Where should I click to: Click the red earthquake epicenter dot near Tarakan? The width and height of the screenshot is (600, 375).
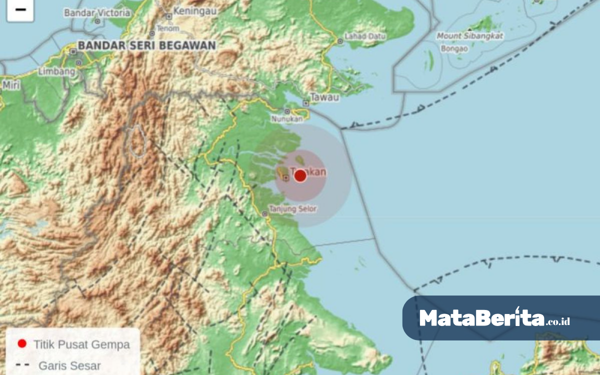click(x=300, y=175)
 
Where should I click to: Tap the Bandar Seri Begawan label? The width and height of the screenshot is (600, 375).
click(x=147, y=45)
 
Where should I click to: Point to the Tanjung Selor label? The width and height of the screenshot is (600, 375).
click(x=293, y=209)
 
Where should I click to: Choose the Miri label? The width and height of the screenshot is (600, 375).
click(x=11, y=85)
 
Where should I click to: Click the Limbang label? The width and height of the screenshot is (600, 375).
click(x=56, y=71)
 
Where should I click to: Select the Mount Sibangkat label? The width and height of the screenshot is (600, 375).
click(x=470, y=36)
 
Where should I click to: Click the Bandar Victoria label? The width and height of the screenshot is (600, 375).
click(x=97, y=13)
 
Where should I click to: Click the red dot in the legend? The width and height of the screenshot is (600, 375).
click(x=21, y=343)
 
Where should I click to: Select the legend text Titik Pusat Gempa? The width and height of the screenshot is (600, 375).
click(x=81, y=344)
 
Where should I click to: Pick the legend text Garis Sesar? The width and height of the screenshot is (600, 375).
click(x=69, y=366)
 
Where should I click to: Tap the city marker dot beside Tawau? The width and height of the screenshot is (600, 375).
click(x=306, y=103)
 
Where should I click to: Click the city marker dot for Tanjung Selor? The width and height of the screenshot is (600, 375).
click(x=265, y=214)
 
